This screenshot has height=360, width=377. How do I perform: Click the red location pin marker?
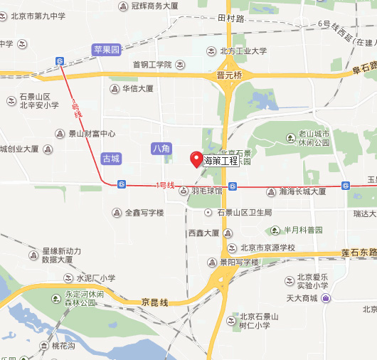(x=196, y=159)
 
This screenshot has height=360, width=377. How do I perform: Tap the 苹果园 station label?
(x=107, y=50)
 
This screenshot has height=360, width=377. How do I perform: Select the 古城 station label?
(x=112, y=158)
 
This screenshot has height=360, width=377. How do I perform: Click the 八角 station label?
(x=161, y=148)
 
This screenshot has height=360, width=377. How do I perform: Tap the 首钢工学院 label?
(x=152, y=65)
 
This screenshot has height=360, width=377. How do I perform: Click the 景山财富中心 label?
(x=91, y=133)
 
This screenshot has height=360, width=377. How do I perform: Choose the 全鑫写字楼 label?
(x=144, y=213)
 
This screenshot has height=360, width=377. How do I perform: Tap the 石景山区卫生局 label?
(x=244, y=213)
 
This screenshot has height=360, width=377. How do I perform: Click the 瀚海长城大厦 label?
(x=302, y=191)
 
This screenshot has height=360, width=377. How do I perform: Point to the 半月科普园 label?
(x=303, y=230)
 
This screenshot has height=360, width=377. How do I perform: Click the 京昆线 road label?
(x=154, y=302)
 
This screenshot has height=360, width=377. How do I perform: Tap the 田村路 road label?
(x=231, y=18)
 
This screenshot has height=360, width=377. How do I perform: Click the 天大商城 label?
(x=301, y=297)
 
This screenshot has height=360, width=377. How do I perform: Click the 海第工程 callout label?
(x=221, y=161)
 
